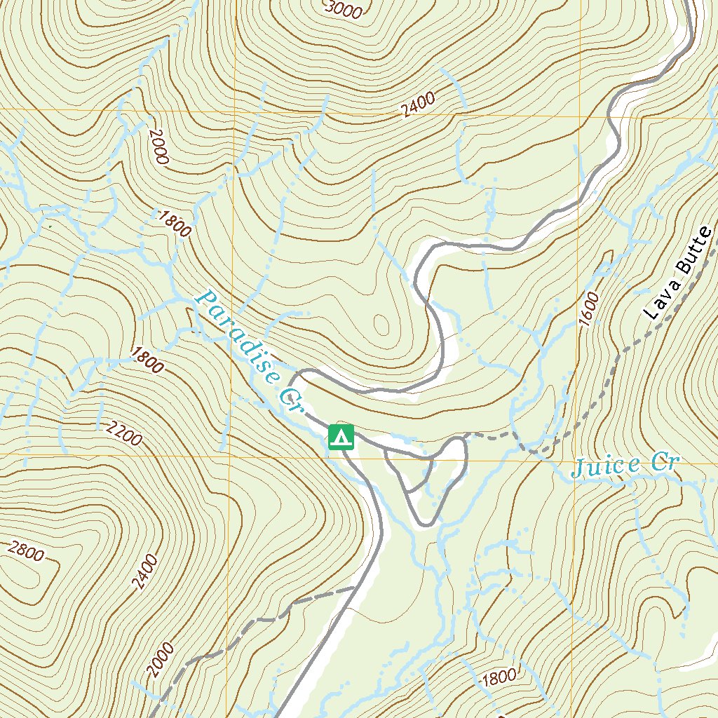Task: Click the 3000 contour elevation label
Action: click(x=344, y=9)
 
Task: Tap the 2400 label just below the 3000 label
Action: click(x=419, y=104)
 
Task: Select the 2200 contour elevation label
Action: click(x=125, y=435)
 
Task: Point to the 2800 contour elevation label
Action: click(x=26, y=551)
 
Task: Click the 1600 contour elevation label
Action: click(x=590, y=306)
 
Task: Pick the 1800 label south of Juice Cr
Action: click(x=499, y=677)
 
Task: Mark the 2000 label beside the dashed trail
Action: click(x=161, y=660)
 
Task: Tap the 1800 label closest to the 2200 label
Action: click(x=146, y=362)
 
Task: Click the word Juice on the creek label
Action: click(x=605, y=466)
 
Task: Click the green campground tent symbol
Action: click(x=341, y=438)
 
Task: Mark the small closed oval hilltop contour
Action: click(x=382, y=324)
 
